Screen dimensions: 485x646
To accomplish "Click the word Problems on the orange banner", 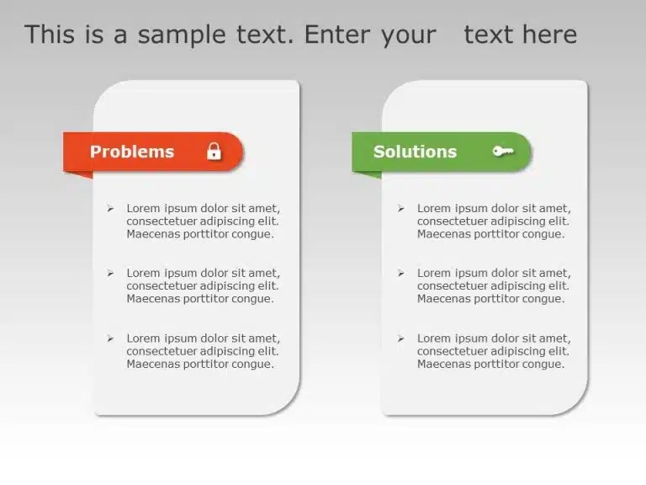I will [x=131, y=152].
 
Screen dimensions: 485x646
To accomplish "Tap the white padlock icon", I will [x=214, y=152].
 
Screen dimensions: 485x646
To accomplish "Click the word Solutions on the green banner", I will [x=415, y=152].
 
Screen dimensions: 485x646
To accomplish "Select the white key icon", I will [x=503, y=152].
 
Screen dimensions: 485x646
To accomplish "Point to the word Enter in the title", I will [x=333, y=35].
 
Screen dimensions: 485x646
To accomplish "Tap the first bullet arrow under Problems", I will [x=110, y=208].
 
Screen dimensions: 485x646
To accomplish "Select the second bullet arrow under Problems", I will [x=110, y=273].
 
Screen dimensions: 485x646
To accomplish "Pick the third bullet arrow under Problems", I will [x=110, y=338].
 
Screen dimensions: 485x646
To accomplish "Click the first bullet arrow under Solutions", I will [x=400, y=208].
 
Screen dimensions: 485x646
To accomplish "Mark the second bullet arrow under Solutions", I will [x=400, y=273].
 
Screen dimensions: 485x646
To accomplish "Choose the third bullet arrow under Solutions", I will [x=400, y=338].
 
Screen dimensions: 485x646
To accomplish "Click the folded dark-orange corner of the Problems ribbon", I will [x=81, y=174].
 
